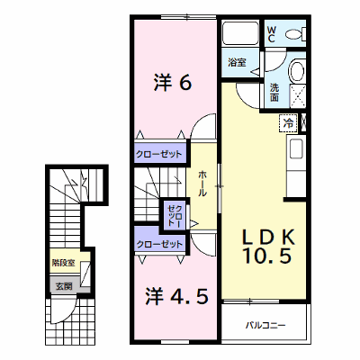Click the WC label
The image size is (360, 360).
(271, 34)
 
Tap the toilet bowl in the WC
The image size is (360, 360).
(295, 34)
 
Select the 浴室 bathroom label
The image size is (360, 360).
(237, 63)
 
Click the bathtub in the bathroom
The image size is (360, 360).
(240, 33)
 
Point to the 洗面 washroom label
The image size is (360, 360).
(274, 92)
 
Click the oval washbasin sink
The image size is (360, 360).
(297, 70)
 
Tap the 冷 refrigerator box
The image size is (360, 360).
(288, 123)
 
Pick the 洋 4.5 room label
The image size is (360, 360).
(176, 296)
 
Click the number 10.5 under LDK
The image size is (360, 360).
(267, 256)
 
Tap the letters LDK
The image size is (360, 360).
(269, 237)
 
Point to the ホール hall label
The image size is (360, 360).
(202, 184)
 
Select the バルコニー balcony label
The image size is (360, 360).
(265, 325)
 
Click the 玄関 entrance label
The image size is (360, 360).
(64, 286)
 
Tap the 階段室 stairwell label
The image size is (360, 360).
(63, 263)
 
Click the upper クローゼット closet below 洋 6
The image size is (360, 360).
(159, 154)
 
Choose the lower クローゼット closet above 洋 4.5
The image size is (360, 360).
(159, 244)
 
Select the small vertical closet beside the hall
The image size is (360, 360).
(175, 215)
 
